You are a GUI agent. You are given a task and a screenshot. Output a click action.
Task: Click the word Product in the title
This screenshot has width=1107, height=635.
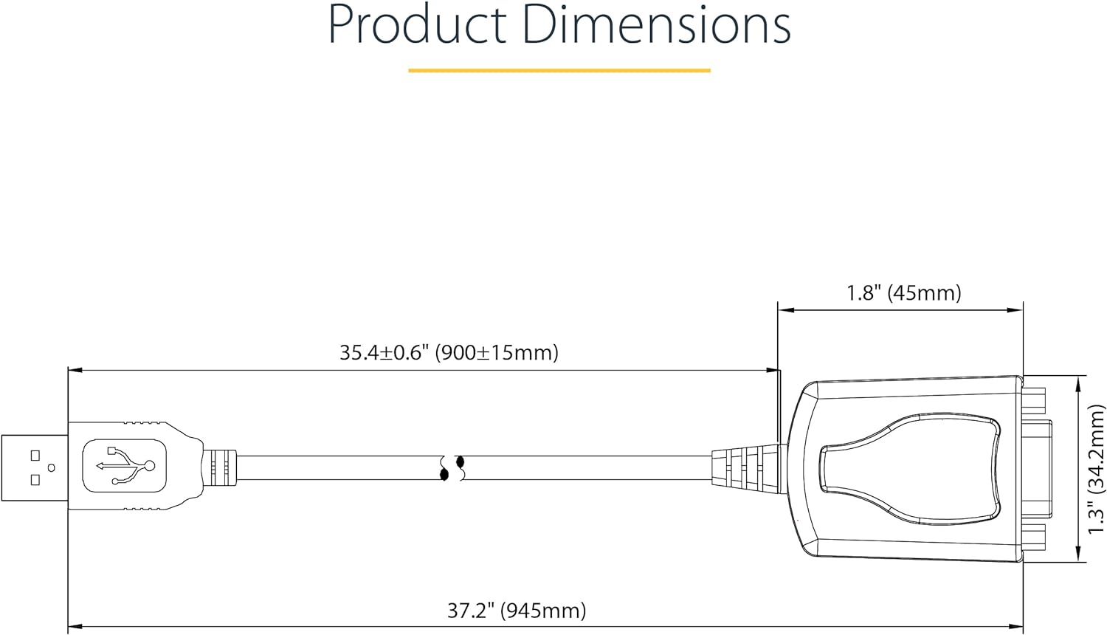[418, 25]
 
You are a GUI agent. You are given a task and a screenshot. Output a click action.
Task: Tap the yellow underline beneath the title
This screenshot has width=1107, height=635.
[559, 71]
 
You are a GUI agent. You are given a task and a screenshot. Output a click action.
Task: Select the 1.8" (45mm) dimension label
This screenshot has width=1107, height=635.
[904, 293]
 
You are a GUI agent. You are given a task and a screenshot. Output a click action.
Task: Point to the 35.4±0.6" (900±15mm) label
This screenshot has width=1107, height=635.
[449, 353]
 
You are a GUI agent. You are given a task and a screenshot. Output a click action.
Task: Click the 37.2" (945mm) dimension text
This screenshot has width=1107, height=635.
[517, 611]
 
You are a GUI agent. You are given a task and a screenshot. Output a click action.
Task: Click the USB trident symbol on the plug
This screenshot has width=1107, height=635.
[126, 465]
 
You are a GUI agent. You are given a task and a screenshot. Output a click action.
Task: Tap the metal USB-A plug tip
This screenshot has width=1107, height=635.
[35, 468]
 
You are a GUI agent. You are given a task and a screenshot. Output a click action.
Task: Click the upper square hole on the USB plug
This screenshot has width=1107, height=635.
[35, 455]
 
